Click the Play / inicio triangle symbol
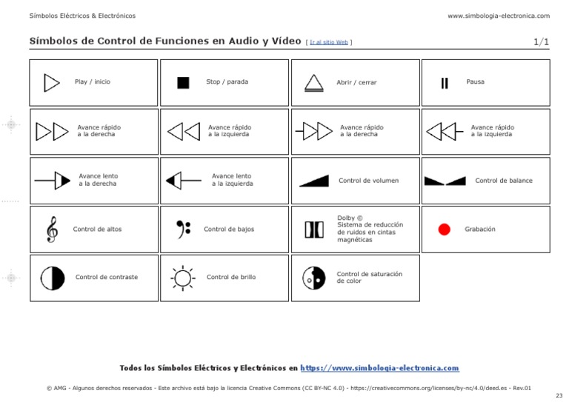(51, 82)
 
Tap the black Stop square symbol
(183, 82)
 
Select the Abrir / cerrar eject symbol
(314, 82)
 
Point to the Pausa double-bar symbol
(445, 82)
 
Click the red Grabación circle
(445, 230)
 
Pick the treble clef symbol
(51, 229)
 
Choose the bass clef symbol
(183, 229)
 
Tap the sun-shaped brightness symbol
(182, 278)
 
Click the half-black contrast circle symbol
(53, 278)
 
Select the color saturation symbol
(314, 278)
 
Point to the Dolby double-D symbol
(314, 230)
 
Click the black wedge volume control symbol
(314, 181)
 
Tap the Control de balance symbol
(445, 181)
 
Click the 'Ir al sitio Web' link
(329, 42)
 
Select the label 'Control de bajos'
(229, 230)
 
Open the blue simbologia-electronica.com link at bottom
(380, 368)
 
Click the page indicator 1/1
(541, 41)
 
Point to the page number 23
(559, 396)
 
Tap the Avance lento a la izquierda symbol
(183, 180)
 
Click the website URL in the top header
(499, 16)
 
